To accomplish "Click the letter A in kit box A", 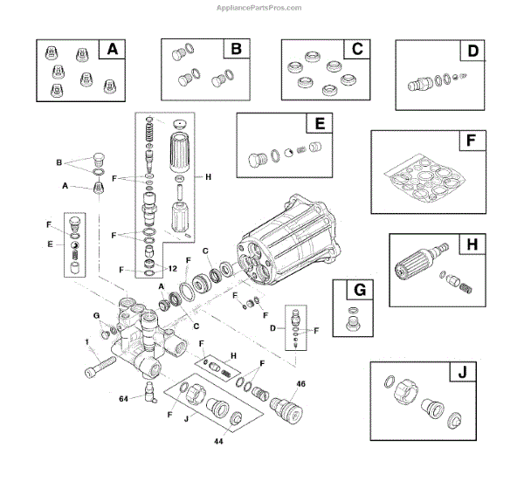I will point(111,50).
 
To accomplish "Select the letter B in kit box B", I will point(235,50).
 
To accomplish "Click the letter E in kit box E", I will point(320,125).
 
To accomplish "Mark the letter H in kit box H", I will point(472,246).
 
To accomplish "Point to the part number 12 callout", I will point(173,268).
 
